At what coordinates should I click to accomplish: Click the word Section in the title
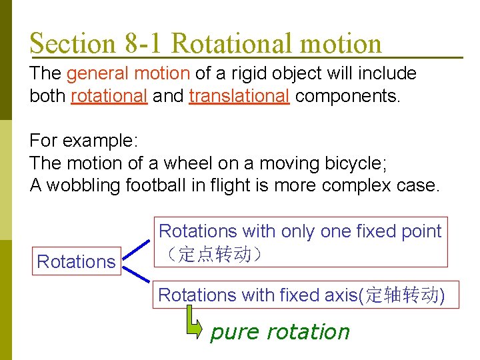click(73, 43)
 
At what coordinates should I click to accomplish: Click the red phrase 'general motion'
click(129, 73)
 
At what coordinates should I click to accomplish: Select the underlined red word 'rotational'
click(109, 96)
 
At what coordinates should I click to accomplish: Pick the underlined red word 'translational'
click(239, 96)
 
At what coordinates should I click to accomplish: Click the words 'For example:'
click(83, 141)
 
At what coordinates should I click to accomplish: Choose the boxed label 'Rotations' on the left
click(76, 261)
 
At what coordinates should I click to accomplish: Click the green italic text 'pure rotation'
click(279, 331)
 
